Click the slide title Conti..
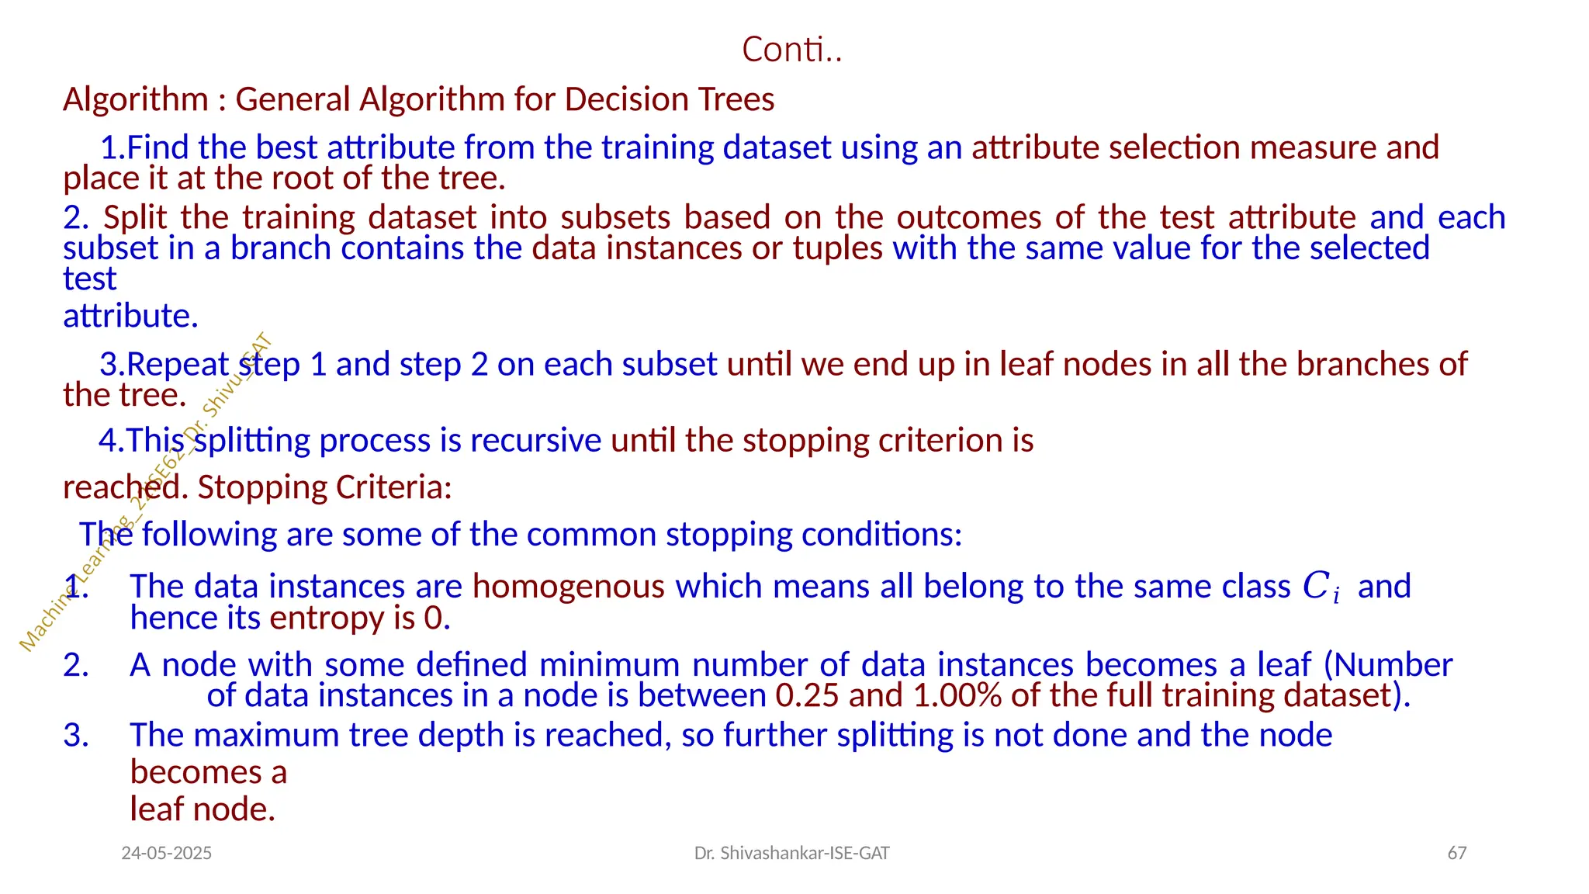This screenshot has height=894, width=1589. [x=791, y=50]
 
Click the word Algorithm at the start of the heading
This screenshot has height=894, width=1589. [x=135, y=99]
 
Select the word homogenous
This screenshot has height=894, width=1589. [x=569, y=586]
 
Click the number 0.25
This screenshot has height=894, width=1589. [x=807, y=695]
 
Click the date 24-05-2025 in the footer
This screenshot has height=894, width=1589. [x=167, y=854]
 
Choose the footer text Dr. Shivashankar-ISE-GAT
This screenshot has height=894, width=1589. [x=791, y=854]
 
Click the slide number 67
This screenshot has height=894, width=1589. [x=1457, y=854]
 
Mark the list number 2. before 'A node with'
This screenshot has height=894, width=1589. [x=76, y=665]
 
